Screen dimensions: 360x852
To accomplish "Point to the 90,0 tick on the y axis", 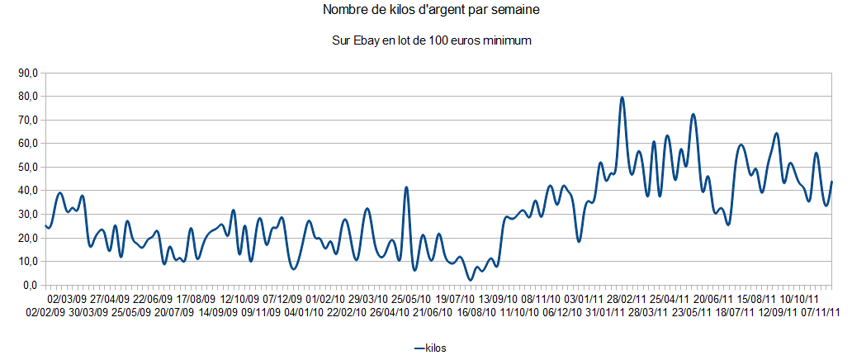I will (x=29, y=73).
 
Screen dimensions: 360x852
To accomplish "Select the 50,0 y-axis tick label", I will (x=29, y=167).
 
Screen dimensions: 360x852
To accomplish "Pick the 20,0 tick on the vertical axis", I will (x=29, y=238).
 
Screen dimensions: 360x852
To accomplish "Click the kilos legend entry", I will (x=435, y=348).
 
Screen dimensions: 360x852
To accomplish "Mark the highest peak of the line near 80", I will (x=622, y=98).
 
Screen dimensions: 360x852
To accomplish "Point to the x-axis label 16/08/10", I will (x=476, y=313).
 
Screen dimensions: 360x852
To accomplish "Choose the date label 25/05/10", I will (x=410, y=298).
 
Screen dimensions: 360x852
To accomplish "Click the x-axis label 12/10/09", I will (x=239, y=298).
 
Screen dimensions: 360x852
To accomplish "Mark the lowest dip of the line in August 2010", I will (x=470, y=280).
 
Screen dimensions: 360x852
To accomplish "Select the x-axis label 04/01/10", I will (x=305, y=313).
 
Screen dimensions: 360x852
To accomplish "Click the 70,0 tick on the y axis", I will (x=29, y=120).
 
